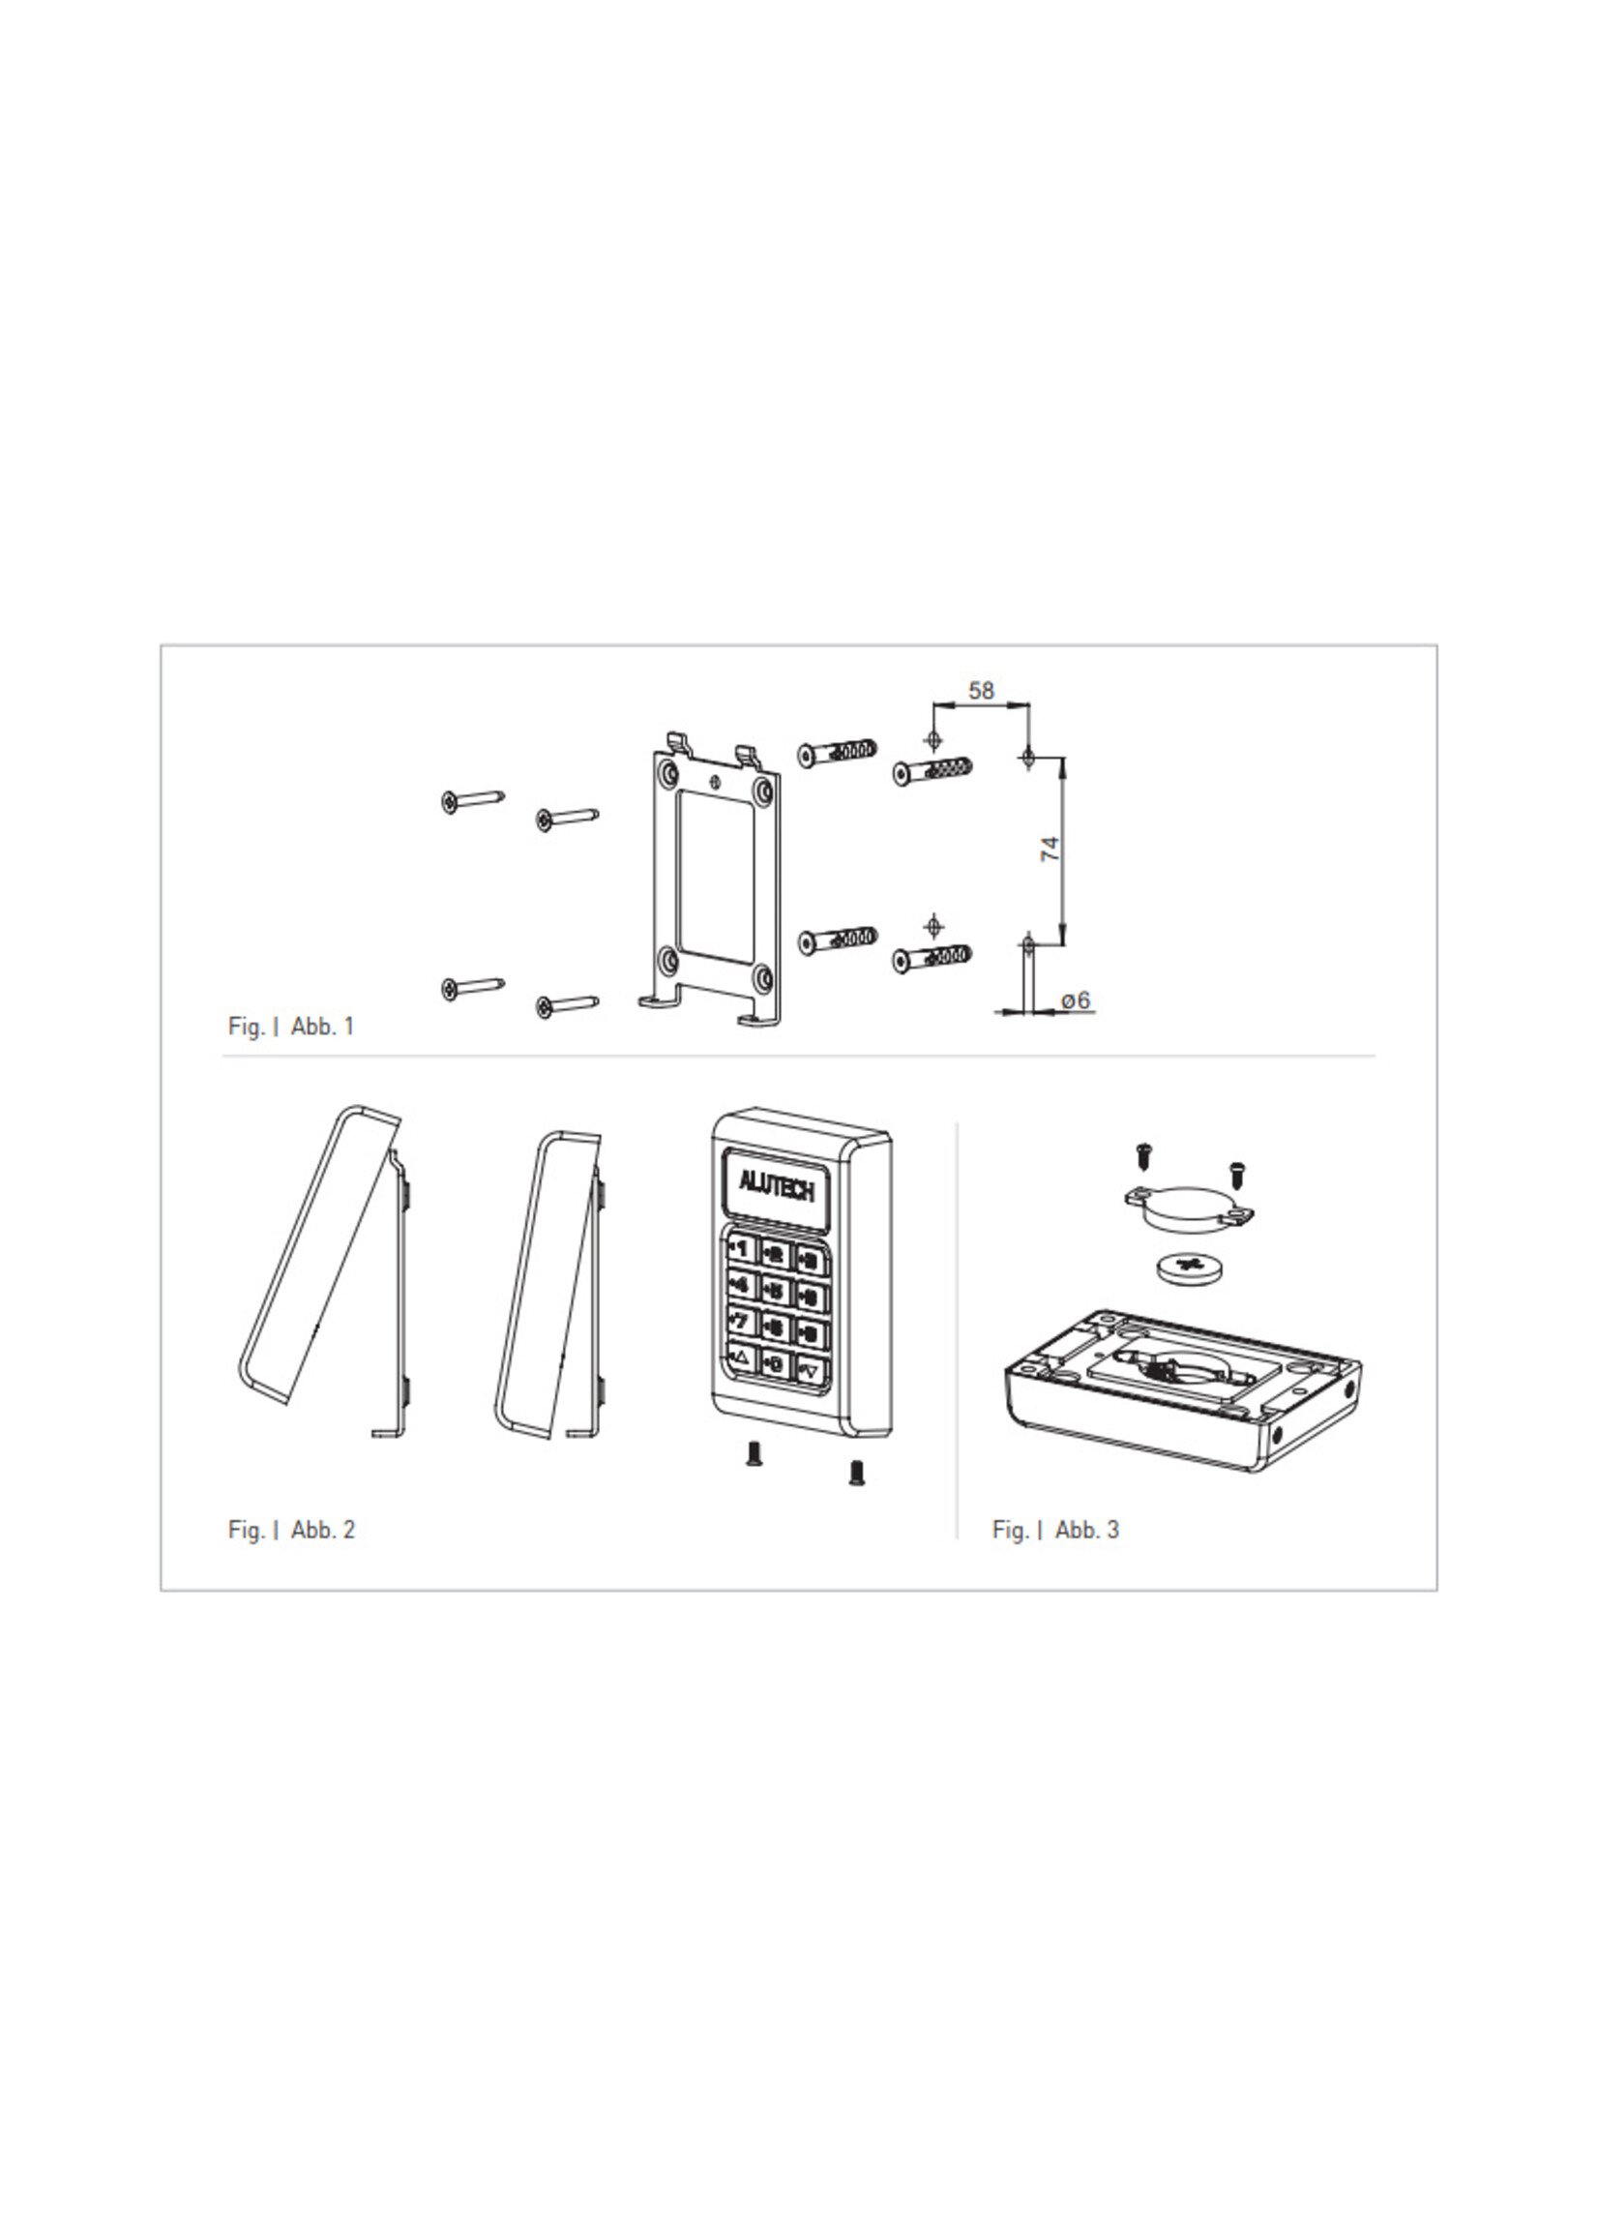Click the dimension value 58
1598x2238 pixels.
tap(981, 691)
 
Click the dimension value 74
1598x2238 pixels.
tap(1050, 849)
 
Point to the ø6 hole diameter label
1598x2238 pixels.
tap(1077, 1000)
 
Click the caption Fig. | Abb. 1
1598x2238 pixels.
tap(290, 1027)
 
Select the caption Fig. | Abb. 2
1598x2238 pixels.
tap(290, 1530)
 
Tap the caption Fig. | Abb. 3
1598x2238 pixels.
tap(1054, 1530)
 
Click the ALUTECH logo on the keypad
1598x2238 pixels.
tap(777, 1191)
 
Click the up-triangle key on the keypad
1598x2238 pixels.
tap(740, 1358)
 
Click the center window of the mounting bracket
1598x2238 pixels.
tap(718, 877)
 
